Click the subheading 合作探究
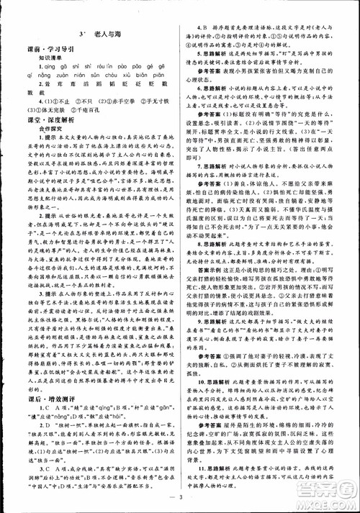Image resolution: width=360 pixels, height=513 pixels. [42, 140]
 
